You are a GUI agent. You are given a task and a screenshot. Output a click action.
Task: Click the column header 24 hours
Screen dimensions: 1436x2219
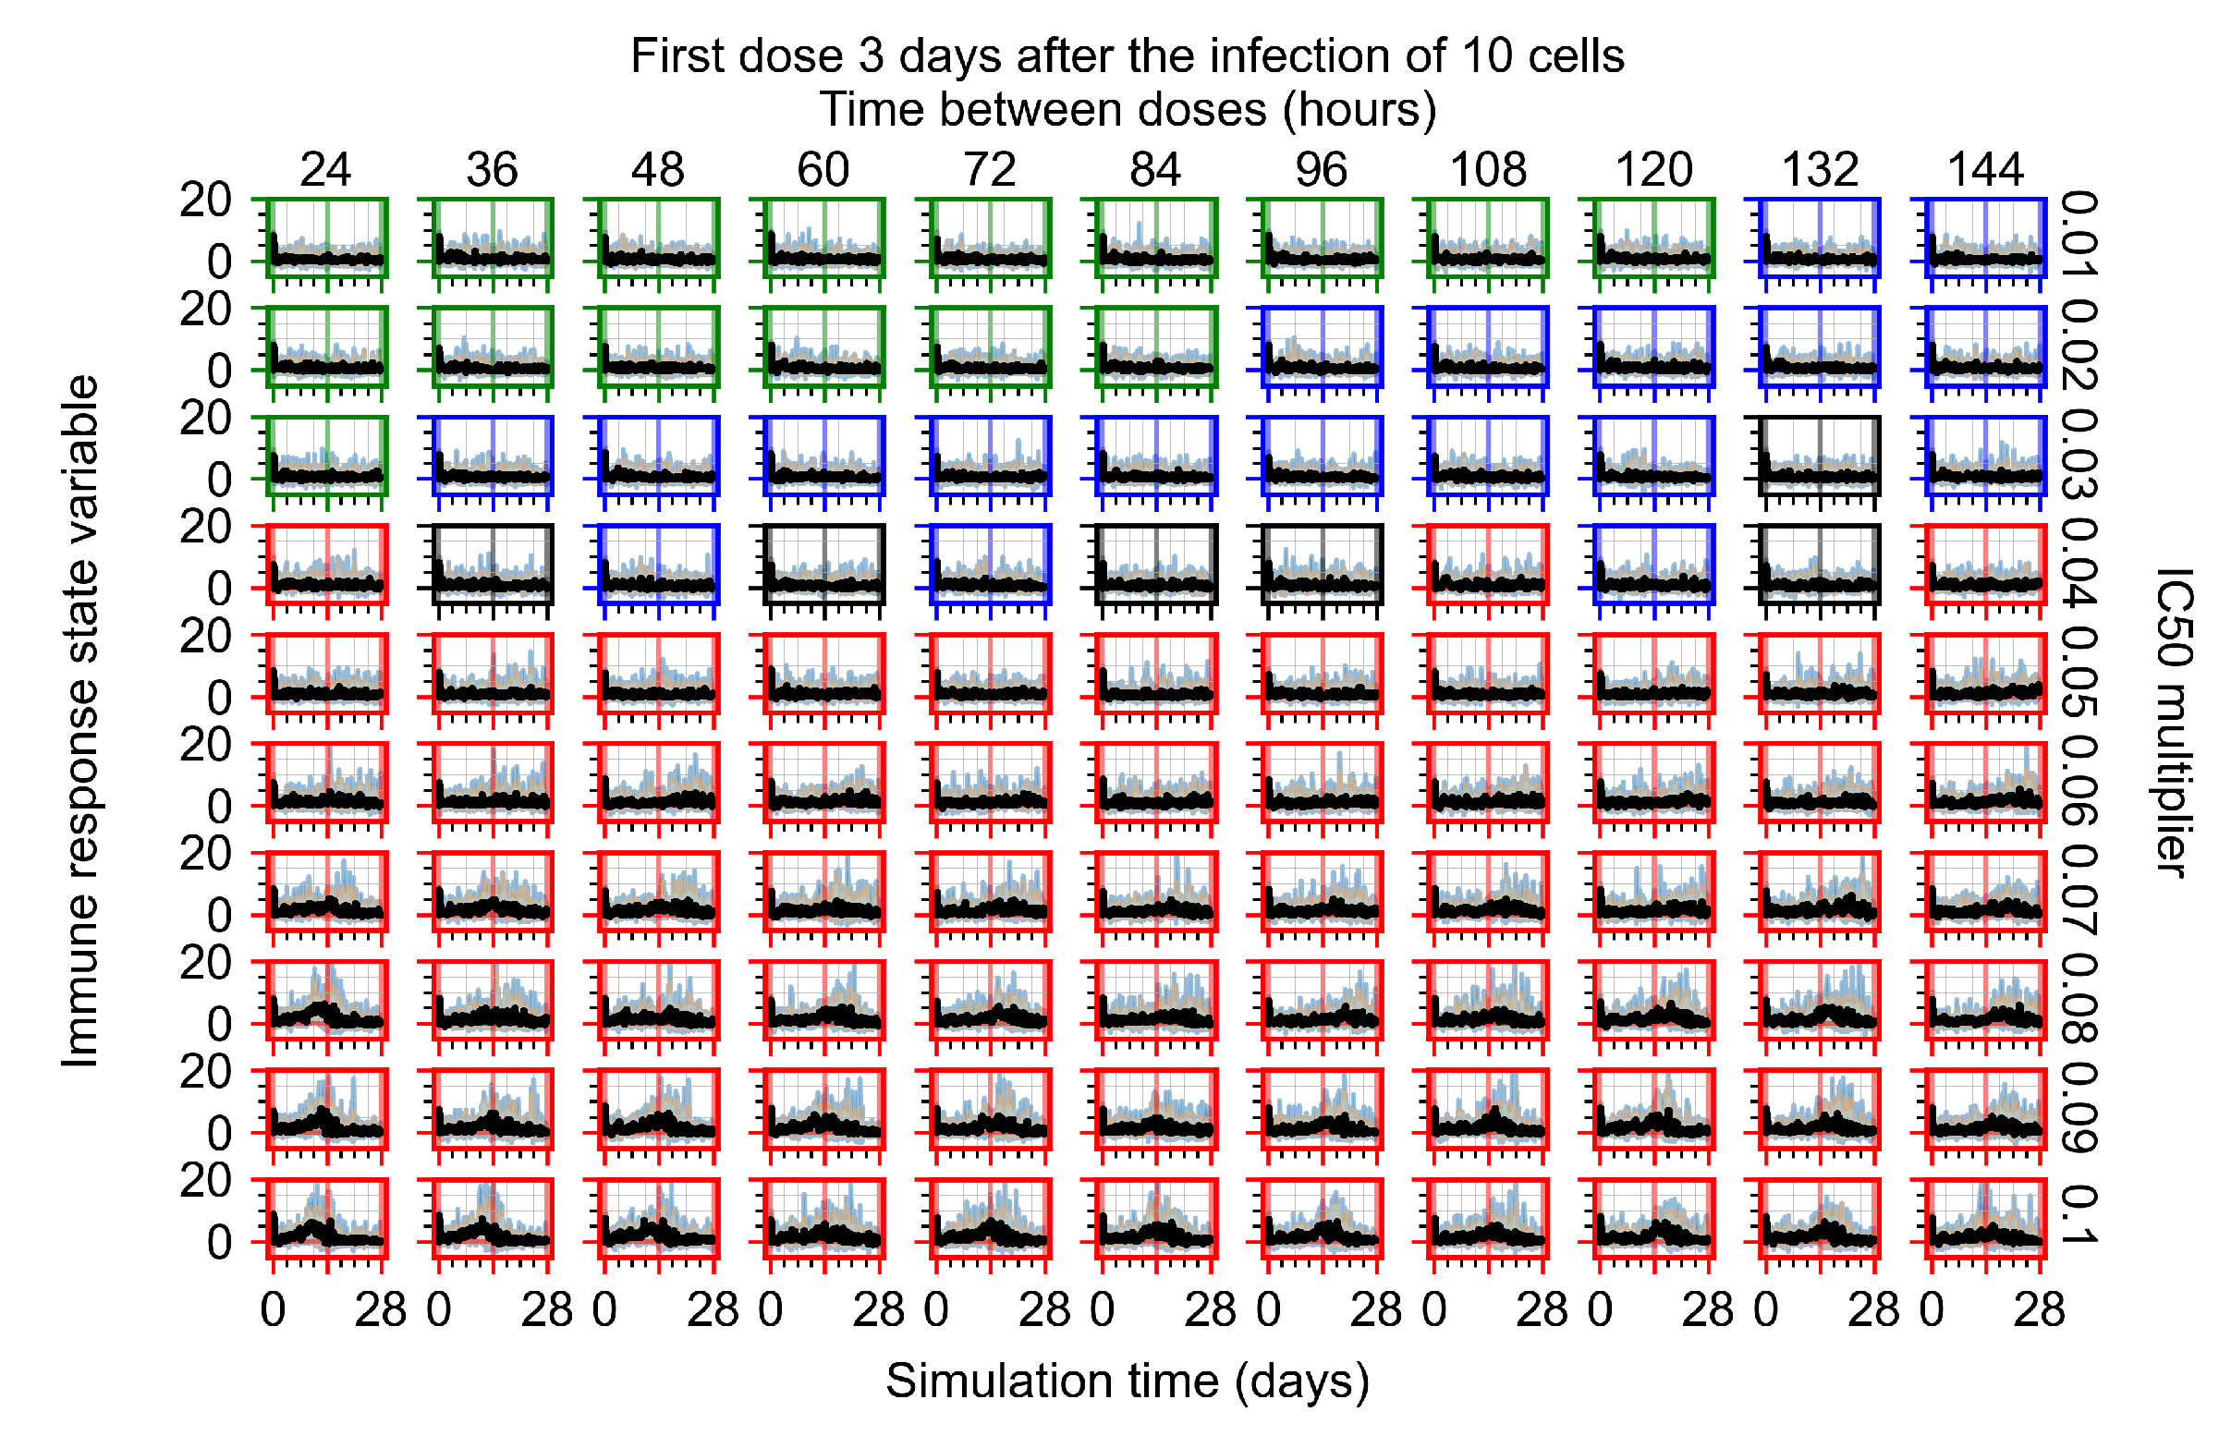(325, 170)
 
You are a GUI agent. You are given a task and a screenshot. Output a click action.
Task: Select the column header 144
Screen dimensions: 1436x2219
(1986, 170)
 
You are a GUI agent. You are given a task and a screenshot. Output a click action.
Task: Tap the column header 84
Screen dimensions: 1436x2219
(1156, 170)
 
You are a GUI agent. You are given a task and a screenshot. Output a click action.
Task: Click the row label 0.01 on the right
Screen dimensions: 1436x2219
(2079, 235)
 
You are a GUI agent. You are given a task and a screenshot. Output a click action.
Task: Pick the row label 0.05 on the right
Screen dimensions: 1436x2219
(2079, 672)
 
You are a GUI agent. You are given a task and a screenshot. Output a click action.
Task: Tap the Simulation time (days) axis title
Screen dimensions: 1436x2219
(1128, 1381)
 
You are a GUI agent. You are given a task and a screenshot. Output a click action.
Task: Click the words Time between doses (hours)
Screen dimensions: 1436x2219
(1128, 110)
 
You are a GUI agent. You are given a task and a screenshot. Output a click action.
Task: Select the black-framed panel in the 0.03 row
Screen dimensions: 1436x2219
(1820, 456)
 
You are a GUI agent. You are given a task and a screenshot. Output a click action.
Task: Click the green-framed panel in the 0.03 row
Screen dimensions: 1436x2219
(326, 456)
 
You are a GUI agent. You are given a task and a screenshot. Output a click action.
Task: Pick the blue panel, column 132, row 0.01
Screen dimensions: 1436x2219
(1820, 237)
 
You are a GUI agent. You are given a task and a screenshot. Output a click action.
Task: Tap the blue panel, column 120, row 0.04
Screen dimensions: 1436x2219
(1654, 566)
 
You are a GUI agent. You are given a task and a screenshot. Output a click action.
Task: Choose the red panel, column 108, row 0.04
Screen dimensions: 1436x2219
(1488, 566)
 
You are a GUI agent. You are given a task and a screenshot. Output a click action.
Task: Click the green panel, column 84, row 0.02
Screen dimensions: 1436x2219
(1156, 347)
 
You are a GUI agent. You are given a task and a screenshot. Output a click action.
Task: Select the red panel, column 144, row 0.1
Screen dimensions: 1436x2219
(1986, 1219)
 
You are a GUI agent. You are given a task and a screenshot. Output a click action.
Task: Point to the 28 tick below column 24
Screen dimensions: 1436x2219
(381, 1311)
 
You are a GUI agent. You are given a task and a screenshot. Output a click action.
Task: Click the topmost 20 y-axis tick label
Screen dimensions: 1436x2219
(206, 200)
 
